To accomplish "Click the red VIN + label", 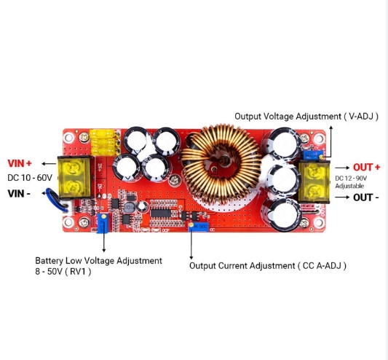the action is click(x=20, y=163).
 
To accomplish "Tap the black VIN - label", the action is click(x=19, y=194).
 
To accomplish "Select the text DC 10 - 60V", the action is click(x=30, y=178).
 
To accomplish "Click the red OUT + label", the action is click(x=366, y=168).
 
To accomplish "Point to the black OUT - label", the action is click(x=366, y=197).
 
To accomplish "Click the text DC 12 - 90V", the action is click(x=351, y=179).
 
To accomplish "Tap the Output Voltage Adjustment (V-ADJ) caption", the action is click(x=306, y=117).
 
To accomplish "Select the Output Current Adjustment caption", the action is click(x=268, y=266).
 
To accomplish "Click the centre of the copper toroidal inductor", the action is click(x=221, y=163).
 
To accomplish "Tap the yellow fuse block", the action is click(x=105, y=142).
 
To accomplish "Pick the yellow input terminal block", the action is click(x=75, y=177).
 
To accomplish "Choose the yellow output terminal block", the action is click(x=314, y=181).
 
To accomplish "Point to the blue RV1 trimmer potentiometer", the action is click(x=103, y=224).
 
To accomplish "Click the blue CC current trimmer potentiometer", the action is click(x=199, y=227).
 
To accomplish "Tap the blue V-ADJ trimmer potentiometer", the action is click(x=313, y=154).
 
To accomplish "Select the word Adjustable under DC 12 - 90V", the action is click(x=349, y=186).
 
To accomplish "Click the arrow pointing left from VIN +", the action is click(x=49, y=163).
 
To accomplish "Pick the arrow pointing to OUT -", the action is click(x=342, y=197).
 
